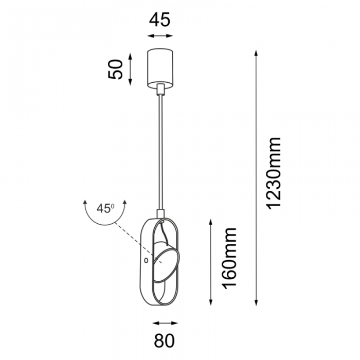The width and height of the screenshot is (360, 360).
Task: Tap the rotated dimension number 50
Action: [116, 69]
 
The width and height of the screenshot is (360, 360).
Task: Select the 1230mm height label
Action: [274, 173]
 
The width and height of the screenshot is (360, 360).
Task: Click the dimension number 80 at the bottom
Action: [165, 340]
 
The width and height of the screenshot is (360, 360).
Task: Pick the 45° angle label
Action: [105, 208]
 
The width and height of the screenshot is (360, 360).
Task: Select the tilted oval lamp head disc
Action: [167, 265]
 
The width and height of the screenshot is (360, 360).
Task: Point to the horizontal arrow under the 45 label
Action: [160, 36]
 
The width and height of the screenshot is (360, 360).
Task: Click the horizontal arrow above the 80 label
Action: [165, 323]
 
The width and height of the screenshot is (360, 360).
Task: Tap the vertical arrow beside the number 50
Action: [131, 68]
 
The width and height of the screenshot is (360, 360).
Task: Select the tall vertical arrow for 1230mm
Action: [256, 177]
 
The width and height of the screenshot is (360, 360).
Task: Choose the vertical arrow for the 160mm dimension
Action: [211, 261]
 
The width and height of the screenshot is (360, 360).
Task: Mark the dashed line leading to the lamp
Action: [131, 238]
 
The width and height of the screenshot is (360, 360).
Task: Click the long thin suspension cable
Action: [161, 154]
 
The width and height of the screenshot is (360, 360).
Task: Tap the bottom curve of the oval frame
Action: [160, 307]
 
